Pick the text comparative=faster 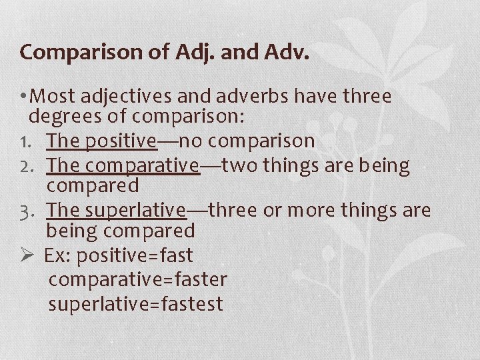pyautogui.click(x=138, y=279)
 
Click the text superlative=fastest pyautogui.click(x=135, y=303)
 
